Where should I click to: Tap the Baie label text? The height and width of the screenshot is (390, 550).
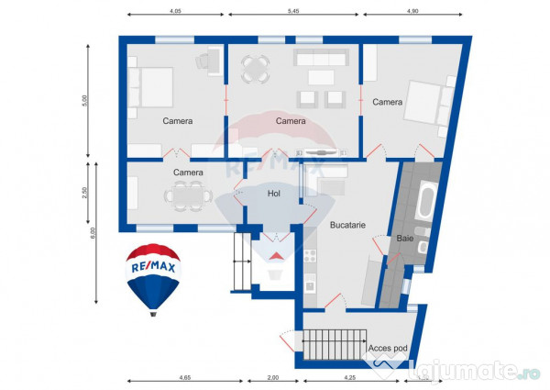(405, 239)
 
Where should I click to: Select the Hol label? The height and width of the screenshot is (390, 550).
(273, 194)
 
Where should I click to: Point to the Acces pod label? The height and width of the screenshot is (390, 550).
(387, 349)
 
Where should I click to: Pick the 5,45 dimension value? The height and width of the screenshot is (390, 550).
(294, 11)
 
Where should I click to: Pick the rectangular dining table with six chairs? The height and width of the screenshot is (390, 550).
(189, 195)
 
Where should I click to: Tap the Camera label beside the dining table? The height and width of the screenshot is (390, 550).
(188, 172)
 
